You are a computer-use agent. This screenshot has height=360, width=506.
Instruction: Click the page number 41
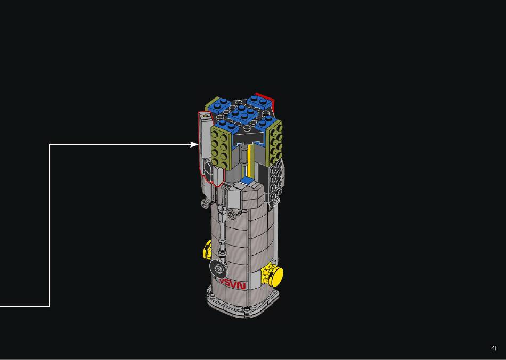[x=493, y=348]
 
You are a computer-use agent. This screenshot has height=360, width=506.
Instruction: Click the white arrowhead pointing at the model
[x=194, y=144]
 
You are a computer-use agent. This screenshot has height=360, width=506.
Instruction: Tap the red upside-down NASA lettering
[x=232, y=284]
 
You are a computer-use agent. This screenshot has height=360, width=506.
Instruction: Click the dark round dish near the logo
[x=219, y=269]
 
